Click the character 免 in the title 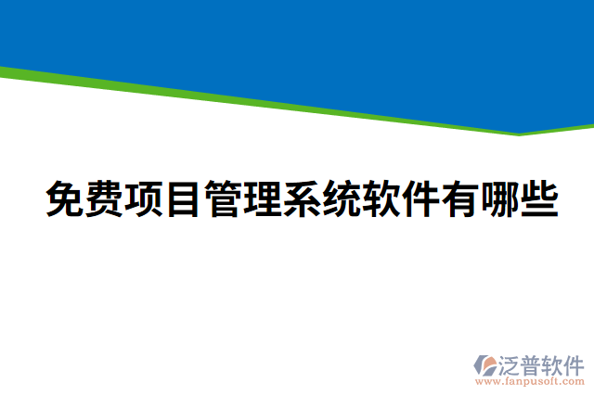tap(65, 199)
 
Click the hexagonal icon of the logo tap(484, 365)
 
